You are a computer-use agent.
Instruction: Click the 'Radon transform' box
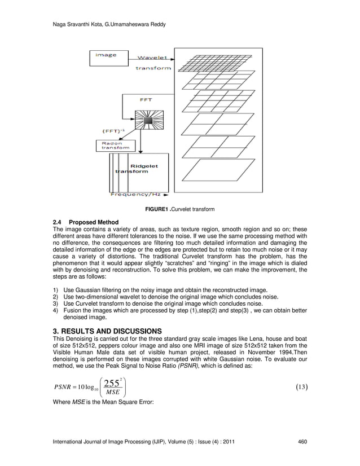[x=115, y=146]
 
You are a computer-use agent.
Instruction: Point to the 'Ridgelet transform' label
[x=139, y=169]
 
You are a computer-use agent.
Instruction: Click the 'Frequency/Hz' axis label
[x=135, y=194]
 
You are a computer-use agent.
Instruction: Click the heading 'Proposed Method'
[x=94, y=222]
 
